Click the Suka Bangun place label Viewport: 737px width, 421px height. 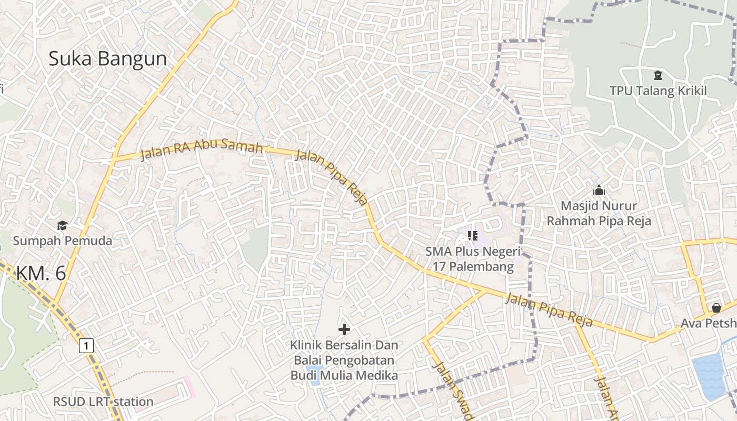pyautogui.click(x=107, y=59)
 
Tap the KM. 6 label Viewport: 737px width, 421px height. pyautogui.click(x=41, y=273)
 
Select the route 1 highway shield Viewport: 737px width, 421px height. pyautogui.click(x=86, y=346)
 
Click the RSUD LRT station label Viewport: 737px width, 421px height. pyautogui.click(x=103, y=402)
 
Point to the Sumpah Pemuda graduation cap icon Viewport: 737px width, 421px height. pyautogui.click(x=63, y=225)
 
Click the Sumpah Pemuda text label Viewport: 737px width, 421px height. pyautogui.click(x=63, y=241)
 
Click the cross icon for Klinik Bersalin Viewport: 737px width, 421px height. pyautogui.click(x=344, y=329)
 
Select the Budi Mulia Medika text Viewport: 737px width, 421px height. pyautogui.click(x=344, y=375)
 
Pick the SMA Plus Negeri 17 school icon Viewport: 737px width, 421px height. pyautogui.click(x=472, y=235)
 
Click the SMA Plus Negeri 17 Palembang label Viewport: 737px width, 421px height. pyautogui.click(x=473, y=259)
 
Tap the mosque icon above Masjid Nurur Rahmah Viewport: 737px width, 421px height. pyautogui.click(x=599, y=190)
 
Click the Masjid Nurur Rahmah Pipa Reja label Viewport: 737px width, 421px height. pyautogui.click(x=599, y=213)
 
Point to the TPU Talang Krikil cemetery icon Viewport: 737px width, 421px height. pyautogui.click(x=658, y=75)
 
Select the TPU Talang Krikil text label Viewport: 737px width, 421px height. pyautogui.click(x=658, y=91)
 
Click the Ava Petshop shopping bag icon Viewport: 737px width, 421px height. pyautogui.click(x=716, y=307)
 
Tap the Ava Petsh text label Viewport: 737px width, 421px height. pyautogui.click(x=708, y=323)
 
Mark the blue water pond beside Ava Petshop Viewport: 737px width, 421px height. pyautogui.click(x=710, y=376)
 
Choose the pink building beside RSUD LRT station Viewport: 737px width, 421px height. pyautogui.click(x=188, y=386)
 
